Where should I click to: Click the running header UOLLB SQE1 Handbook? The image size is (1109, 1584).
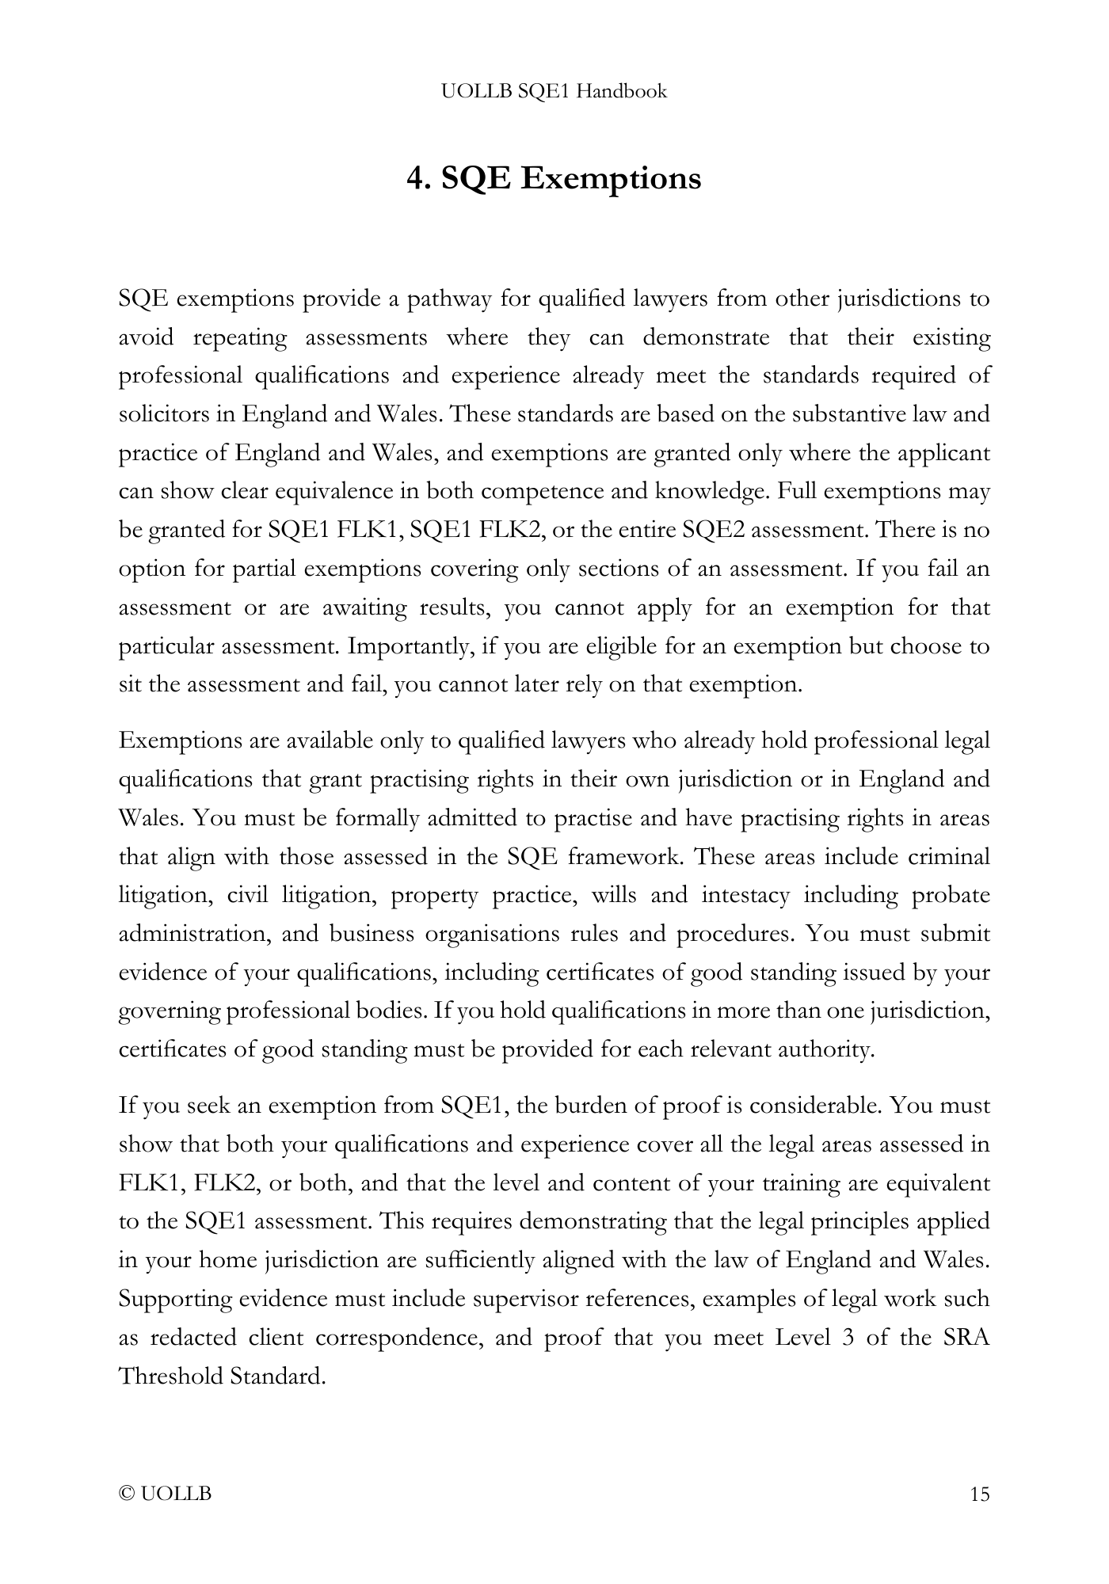click(554, 92)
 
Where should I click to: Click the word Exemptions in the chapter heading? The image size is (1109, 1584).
click(611, 178)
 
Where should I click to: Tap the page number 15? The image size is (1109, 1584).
click(979, 1495)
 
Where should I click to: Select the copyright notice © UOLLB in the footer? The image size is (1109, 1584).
click(166, 1495)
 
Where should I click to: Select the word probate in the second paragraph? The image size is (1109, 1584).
click(951, 896)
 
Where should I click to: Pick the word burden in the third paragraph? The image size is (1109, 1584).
click(590, 1106)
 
